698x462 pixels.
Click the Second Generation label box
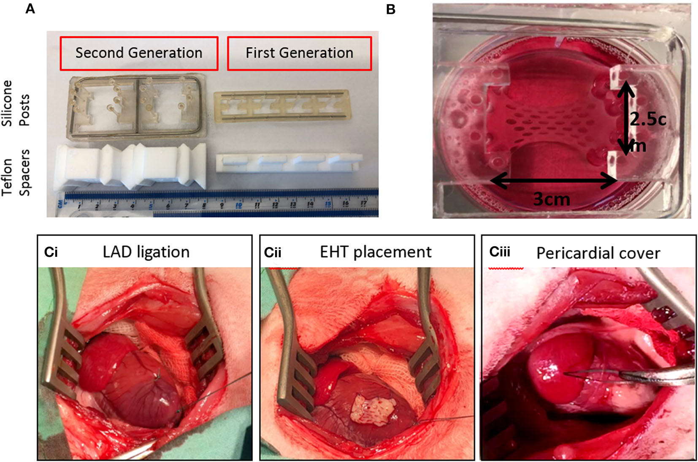pos(139,53)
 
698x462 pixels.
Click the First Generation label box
pos(299,53)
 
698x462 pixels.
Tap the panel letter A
pos(30,8)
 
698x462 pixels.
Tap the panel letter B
pos(391,9)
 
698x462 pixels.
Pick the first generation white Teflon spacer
pos(289,163)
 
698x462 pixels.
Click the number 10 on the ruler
pos(238,205)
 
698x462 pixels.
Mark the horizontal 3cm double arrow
pos(553,182)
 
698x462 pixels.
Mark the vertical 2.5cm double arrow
pos(627,118)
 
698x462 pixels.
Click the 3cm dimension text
pos(552,199)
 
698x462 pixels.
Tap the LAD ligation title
pos(146,252)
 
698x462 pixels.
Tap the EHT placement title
pos(376,252)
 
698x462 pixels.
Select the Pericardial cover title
pos(598,253)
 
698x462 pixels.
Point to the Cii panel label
pos(273,253)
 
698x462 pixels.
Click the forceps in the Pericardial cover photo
pos(650,375)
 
